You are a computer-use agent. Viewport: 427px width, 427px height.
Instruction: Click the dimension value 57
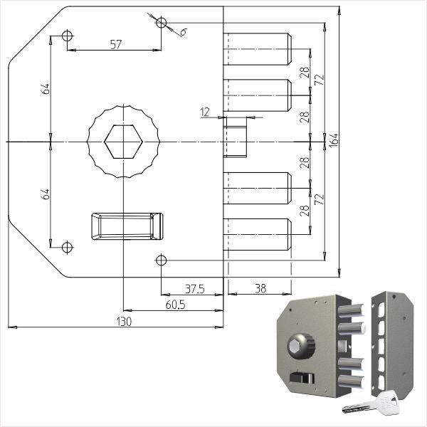pyautogui.click(x=116, y=44)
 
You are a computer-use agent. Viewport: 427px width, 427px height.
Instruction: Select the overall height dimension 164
pyautogui.click(x=334, y=140)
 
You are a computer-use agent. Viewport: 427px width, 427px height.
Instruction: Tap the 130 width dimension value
pyautogui.click(x=124, y=322)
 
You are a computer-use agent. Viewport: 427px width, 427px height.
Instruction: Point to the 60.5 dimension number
pyautogui.click(x=175, y=305)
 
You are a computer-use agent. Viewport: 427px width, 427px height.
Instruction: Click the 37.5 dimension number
pyautogui.click(x=195, y=289)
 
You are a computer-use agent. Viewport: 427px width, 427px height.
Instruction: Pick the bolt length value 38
pyautogui.click(x=260, y=288)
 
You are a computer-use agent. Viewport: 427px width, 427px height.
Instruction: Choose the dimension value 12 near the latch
pyautogui.click(x=205, y=112)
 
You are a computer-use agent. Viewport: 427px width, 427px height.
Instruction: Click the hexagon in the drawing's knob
pyautogui.click(x=124, y=142)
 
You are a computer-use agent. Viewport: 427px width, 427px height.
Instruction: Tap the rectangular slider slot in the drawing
pyautogui.click(x=127, y=226)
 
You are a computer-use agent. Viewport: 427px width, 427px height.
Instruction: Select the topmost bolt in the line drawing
pyautogui.click(x=258, y=49)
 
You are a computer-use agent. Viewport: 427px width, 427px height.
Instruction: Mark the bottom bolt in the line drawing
pyautogui.click(x=258, y=234)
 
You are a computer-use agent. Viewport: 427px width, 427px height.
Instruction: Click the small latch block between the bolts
pyautogui.click(x=235, y=137)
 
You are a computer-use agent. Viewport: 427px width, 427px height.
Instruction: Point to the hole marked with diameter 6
pyautogui.click(x=162, y=23)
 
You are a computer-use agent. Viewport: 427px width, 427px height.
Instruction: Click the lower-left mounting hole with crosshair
pyautogui.click(x=67, y=247)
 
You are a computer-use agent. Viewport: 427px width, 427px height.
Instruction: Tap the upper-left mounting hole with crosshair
pyautogui.click(x=67, y=36)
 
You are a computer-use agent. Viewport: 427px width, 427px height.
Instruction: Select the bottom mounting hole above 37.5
pyautogui.click(x=162, y=260)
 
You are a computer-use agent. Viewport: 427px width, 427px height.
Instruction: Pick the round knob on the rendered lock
pyautogui.click(x=301, y=344)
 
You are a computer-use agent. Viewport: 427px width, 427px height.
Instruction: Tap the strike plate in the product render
pyautogui.click(x=392, y=344)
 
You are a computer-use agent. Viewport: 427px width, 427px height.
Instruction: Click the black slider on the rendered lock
pyautogui.click(x=302, y=378)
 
